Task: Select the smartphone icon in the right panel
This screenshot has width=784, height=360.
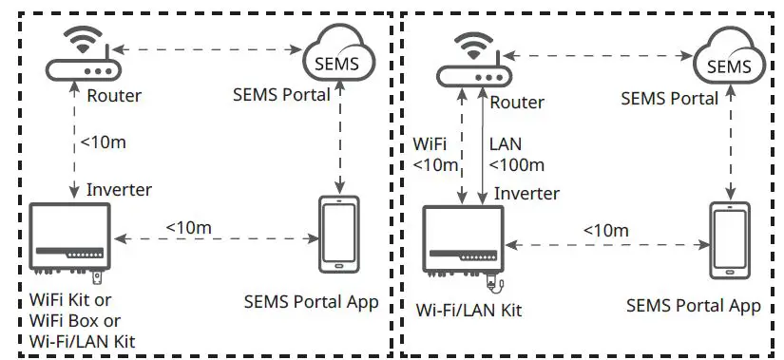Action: pyautogui.click(x=730, y=241)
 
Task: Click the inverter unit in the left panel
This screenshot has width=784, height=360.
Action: pyautogui.click(x=67, y=237)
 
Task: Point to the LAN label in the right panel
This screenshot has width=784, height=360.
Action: pyautogui.click(x=506, y=145)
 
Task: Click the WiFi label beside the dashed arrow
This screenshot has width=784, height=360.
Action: pyautogui.click(x=431, y=145)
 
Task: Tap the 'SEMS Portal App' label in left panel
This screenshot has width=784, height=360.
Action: pyautogui.click(x=311, y=302)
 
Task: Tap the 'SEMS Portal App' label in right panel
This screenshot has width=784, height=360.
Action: pyautogui.click(x=694, y=305)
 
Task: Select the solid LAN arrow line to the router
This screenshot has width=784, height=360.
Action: pyautogui.click(x=485, y=142)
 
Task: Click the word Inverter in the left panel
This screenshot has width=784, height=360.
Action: pyautogui.click(x=119, y=189)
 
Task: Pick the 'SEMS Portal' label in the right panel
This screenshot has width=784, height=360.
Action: pyautogui.click(x=669, y=98)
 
